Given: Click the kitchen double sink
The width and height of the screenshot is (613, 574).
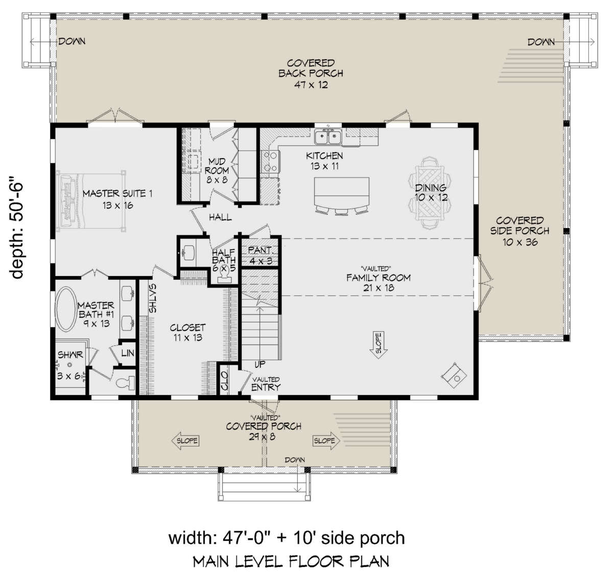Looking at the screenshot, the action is pos(328,137).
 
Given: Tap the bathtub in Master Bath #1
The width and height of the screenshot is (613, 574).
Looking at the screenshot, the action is pos(66,309).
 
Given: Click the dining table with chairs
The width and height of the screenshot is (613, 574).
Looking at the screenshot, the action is pos(430,193).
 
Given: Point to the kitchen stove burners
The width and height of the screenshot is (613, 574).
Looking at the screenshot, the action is pos(270,162).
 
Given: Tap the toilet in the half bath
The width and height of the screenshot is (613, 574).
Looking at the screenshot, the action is pos(223,274).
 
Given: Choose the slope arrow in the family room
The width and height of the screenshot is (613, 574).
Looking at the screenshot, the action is pos(379,345).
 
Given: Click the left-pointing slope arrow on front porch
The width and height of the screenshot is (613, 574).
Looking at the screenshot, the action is pos(184,440).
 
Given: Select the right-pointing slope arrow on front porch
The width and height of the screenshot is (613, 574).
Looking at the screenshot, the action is pos(326,440).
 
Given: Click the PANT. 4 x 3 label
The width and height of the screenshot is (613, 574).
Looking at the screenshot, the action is pos(261,255).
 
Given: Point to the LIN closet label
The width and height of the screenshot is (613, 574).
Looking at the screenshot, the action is pos(128,353).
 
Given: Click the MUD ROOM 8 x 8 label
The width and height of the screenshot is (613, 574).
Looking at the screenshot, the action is pos(217,170).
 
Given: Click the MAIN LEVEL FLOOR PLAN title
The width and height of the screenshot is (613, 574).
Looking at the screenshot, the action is pos(291,561).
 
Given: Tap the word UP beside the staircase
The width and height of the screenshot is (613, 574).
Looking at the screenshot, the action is pos(260,364).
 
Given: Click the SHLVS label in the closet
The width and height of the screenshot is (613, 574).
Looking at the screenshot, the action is pos(152,298).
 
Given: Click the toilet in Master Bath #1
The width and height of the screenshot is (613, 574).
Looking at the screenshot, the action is pos(126,383).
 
